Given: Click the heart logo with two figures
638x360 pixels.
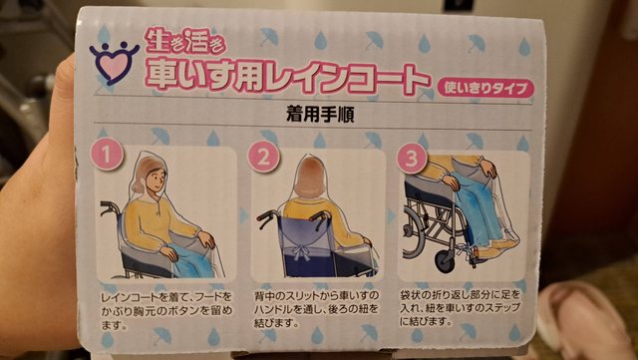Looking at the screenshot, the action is pos(115,62).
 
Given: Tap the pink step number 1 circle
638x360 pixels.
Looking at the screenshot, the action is pos(107,154).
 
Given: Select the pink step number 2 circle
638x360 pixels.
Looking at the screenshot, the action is pos(263,157).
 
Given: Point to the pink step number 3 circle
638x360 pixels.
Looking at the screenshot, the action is pos(412,158).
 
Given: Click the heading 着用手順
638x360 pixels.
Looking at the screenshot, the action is pos(320,115).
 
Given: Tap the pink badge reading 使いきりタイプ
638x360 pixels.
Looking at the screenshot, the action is pos(485,88).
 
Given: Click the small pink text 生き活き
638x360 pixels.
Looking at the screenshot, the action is pos(185,41).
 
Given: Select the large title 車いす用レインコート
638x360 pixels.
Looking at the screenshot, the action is pos(287,76).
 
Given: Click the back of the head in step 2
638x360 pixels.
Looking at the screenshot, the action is pos(310,178).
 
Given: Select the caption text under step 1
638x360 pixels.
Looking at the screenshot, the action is pos(166,310).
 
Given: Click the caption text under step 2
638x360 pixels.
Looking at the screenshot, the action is pos(316,309).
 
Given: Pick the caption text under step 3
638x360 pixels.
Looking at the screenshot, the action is pos(460,307).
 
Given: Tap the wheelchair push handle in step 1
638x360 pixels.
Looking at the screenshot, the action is pos(109,206).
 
